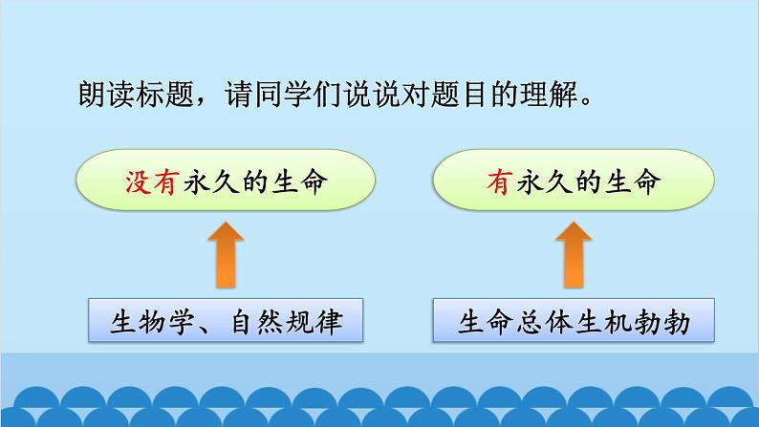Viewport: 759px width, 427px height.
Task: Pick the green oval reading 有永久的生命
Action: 575,183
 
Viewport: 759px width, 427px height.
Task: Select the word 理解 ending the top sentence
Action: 554,96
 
